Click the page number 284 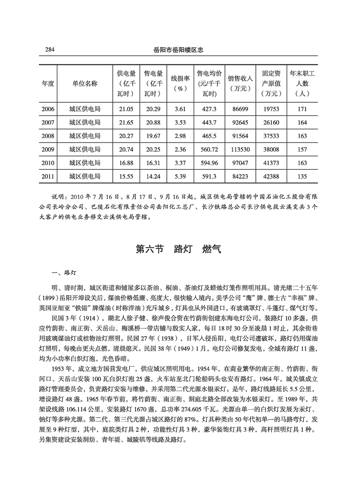[49, 50]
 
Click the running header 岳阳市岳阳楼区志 [178, 50]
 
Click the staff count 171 [302, 109]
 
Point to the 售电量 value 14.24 [152, 176]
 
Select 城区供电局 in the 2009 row [85, 149]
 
